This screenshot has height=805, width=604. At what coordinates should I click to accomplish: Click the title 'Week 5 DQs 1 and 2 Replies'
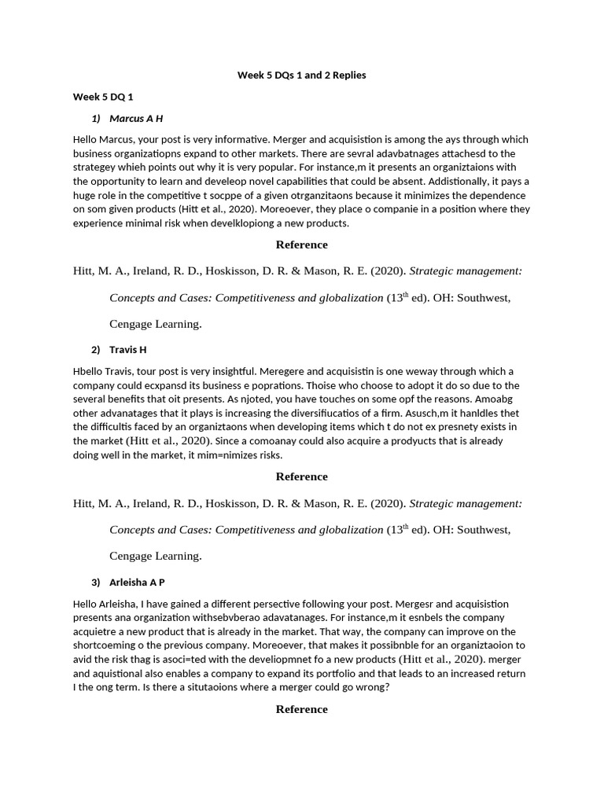[302, 75]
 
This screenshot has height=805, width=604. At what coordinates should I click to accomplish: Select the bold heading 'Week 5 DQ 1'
[103, 97]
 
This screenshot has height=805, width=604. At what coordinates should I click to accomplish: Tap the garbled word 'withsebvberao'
[223, 618]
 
